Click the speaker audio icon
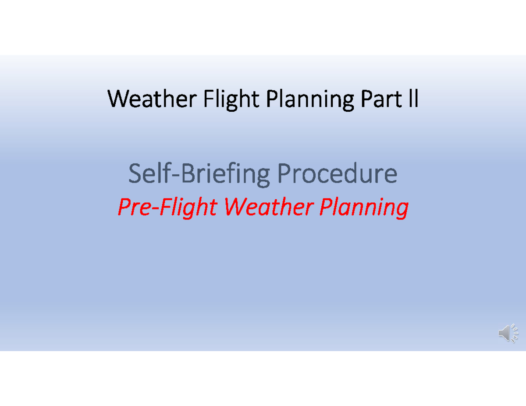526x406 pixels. pos(508,333)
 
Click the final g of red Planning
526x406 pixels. pos(402,209)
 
